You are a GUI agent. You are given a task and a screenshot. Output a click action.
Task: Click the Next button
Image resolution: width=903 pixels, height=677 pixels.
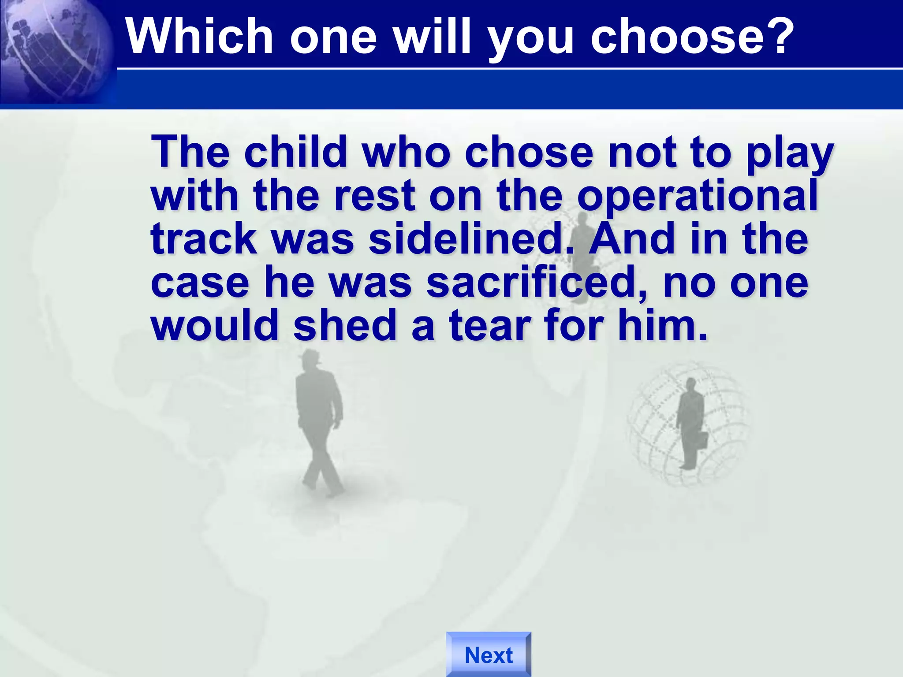pyautogui.click(x=489, y=655)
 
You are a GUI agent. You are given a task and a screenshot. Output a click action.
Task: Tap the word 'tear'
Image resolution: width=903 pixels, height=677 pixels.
pyautogui.click(x=490, y=326)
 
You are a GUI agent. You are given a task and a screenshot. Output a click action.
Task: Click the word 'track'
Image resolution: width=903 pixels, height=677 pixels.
pyautogui.click(x=204, y=239)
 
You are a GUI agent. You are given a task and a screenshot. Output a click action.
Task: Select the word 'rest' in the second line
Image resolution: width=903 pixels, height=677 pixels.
pyautogui.click(x=374, y=196)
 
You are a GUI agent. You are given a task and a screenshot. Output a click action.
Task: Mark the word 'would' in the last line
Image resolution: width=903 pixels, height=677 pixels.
pyautogui.click(x=215, y=326)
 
